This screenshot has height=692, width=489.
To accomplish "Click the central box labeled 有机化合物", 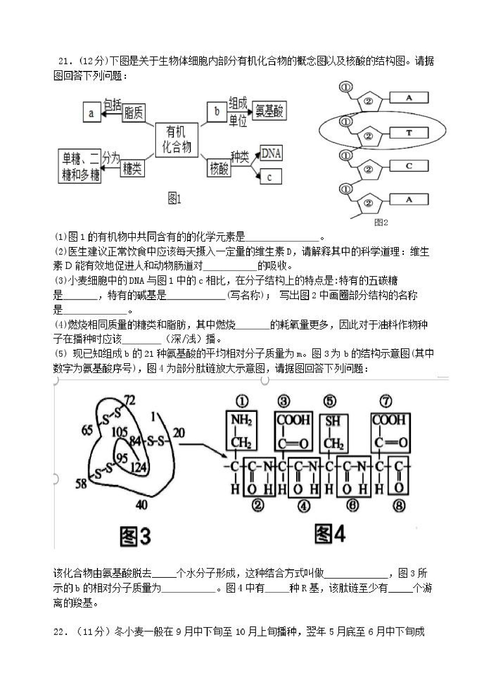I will [177, 140].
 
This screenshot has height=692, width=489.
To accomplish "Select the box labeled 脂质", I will [134, 113].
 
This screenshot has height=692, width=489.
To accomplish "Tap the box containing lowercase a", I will [92, 113].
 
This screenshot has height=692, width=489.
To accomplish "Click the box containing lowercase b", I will [216, 111].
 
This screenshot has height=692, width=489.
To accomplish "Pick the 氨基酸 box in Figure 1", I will [269, 110].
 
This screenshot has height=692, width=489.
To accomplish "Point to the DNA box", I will [271, 153].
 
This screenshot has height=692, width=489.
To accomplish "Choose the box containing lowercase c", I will [271, 177].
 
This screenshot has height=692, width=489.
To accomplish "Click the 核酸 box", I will [219, 168].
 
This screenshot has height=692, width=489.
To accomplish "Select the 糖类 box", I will [132, 168].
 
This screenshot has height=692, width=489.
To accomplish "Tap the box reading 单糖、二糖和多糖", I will [80, 166].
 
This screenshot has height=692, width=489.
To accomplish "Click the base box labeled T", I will [409, 133].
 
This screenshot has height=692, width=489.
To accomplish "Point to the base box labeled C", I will [409, 166].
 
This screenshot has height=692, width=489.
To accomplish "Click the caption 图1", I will [175, 199].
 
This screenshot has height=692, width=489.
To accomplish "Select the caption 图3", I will [135, 537].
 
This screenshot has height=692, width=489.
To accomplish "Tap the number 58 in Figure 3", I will [81, 484].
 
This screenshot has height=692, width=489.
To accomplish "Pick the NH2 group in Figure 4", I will [241, 420].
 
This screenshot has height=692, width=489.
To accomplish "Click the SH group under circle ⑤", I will [333, 421].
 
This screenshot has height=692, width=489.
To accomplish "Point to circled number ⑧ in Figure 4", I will [399, 506].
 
